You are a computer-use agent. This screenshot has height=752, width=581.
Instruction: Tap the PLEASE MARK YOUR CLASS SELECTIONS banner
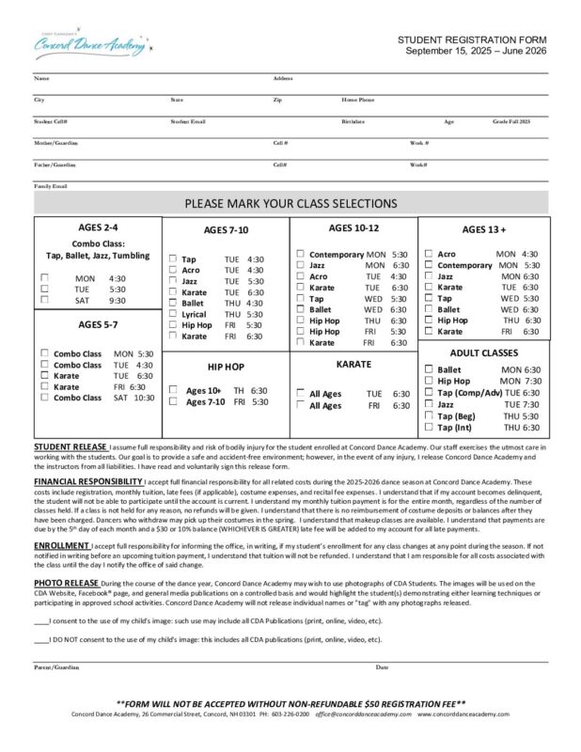pyautogui.click(x=290, y=203)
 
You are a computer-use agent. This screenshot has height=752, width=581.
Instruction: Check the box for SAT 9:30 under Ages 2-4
pyautogui.click(x=45, y=301)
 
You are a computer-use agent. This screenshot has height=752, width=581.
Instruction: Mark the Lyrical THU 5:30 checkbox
pyautogui.click(x=173, y=314)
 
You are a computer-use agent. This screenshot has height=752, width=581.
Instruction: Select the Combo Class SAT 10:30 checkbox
pyautogui.click(x=45, y=398)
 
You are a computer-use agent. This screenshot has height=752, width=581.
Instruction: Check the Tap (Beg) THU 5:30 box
pyautogui.click(x=430, y=415)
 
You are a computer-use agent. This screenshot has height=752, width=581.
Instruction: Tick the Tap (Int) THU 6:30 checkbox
pyautogui.click(x=430, y=428)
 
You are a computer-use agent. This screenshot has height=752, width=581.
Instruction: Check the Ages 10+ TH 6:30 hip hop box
pyautogui.click(x=173, y=389)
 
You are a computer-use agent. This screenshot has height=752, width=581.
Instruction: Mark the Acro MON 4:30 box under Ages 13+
pyautogui.click(x=430, y=254)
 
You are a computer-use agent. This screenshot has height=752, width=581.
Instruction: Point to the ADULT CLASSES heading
pyautogui.click(x=483, y=352)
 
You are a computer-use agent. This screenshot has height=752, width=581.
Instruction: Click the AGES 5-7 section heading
pyautogui.click(x=97, y=324)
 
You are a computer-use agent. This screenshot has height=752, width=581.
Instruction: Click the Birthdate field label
pyautogui.click(x=353, y=121)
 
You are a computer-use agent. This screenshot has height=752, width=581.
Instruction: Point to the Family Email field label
pyautogui.click(x=51, y=186)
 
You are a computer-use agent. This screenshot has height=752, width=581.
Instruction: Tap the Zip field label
pyautogui.click(x=277, y=99)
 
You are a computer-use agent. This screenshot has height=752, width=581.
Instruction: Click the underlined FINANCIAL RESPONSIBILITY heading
pyautogui.click(x=88, y=481)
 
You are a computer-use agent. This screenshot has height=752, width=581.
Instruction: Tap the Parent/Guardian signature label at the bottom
pyautogui.click(x=56, y=667)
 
